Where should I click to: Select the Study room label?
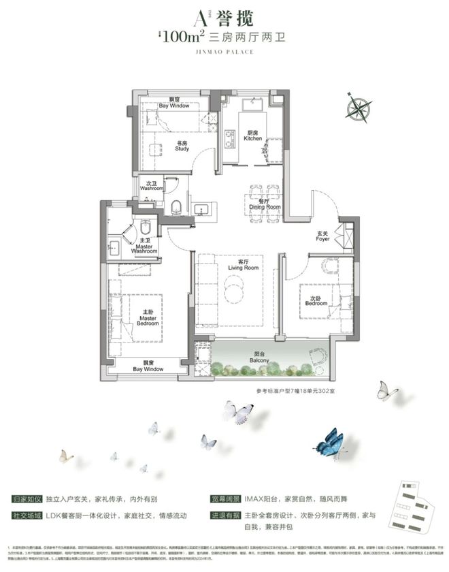(x=182, y=146)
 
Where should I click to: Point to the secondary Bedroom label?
(x=316, y=300)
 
